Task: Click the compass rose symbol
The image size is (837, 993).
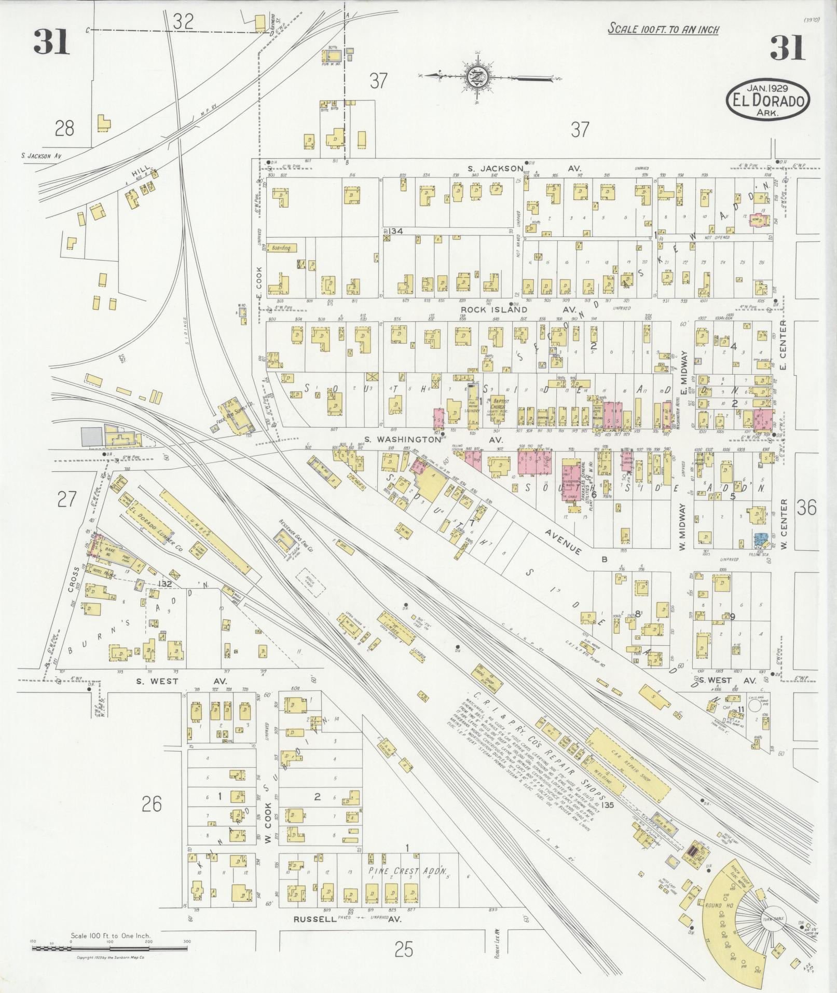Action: (476, 77)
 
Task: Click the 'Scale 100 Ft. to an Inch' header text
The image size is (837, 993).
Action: (663, 29)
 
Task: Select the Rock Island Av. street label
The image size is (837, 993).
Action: (519, 309)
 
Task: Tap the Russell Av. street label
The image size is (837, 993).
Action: (348, 919)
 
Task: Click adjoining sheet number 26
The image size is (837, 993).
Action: (151, 804)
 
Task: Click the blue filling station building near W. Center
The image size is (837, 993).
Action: (760, 539)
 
